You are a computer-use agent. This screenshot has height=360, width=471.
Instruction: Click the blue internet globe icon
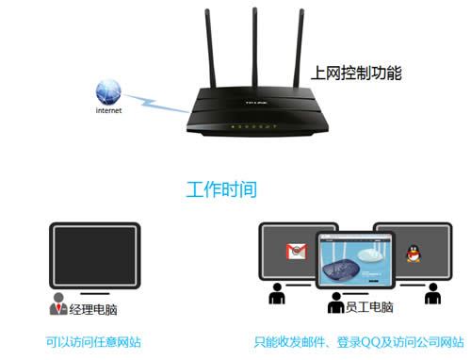pyautogui.click(x=107, y=92)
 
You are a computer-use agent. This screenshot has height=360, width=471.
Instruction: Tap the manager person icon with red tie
pyautogui.click(x=58, y=305)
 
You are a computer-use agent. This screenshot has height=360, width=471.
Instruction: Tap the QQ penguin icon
pyautogui.click(x=412, y=252)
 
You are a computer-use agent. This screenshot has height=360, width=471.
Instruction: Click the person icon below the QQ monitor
pyautogui.click(x=433, y=295)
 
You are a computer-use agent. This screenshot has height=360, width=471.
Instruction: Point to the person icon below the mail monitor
pyautogui.click(x=278, y=295)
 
